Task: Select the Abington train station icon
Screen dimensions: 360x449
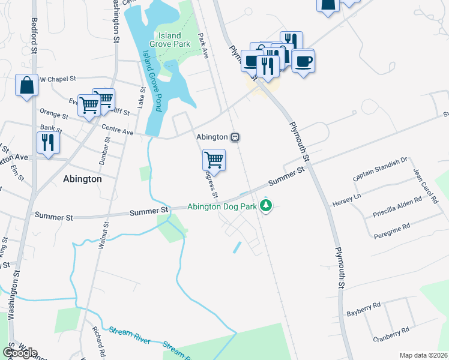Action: point(236,137)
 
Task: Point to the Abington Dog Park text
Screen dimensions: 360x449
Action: point(221,207)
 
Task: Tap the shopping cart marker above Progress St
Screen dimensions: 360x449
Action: point(214,160)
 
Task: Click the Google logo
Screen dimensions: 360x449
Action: point(19,352)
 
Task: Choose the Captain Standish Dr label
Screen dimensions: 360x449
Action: point(381,169)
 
